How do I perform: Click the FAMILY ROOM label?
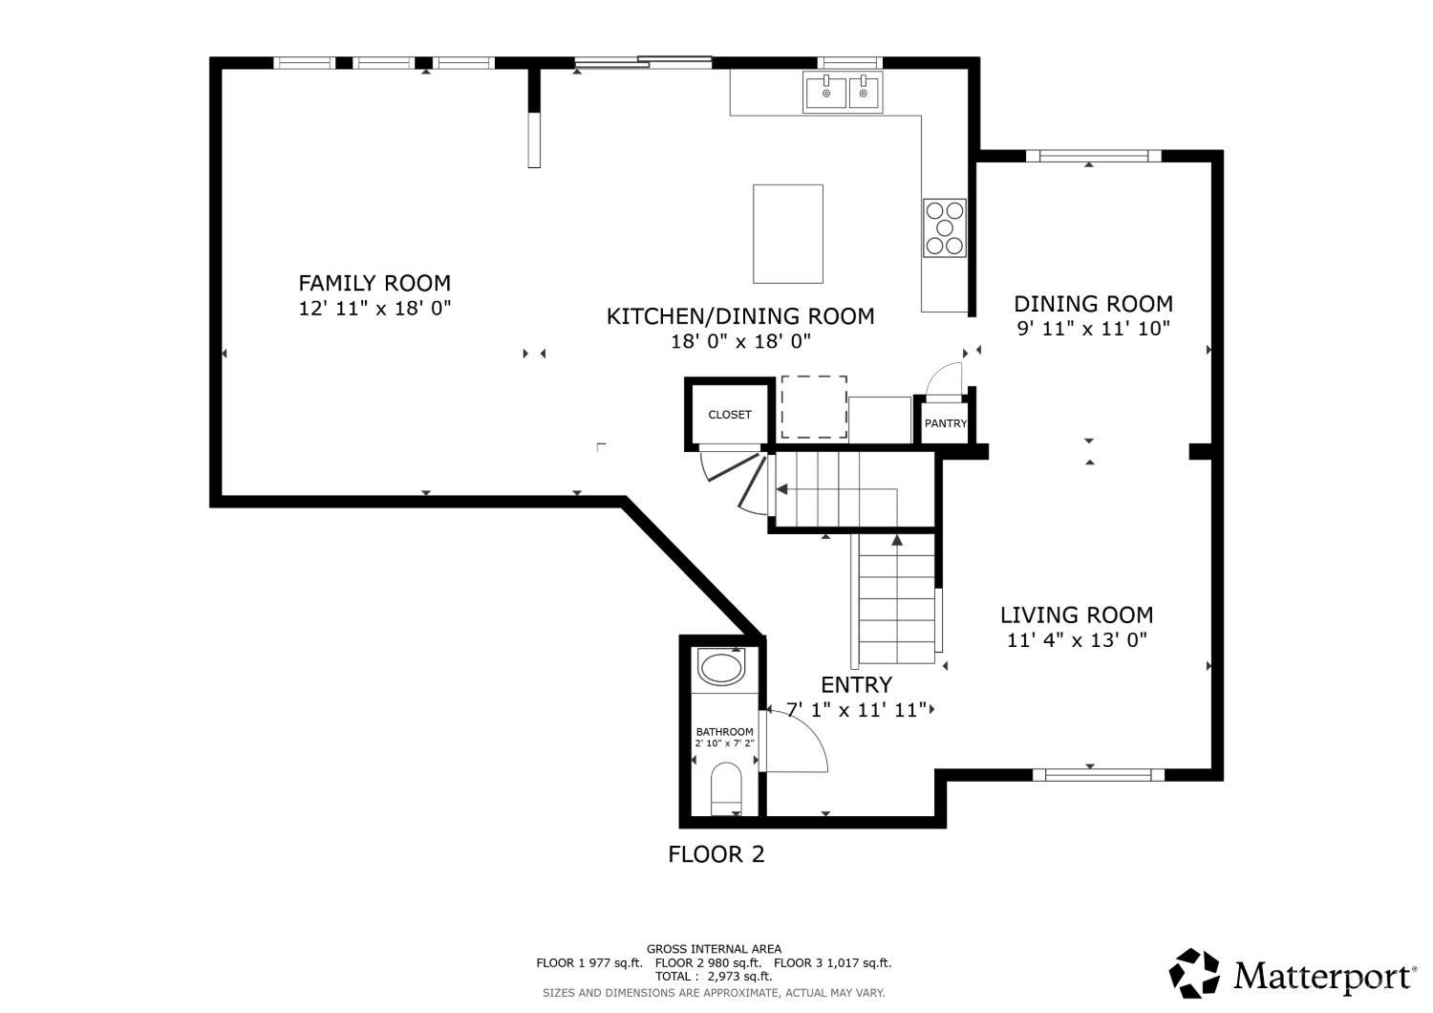(x=374, y=283)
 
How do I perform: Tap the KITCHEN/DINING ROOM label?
(x=740, y=316)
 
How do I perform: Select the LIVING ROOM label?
(x=1077, y=614)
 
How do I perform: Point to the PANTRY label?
(x=946, y=423)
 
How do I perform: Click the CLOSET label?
(x=729, y=415)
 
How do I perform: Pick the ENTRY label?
(x=857, y=685)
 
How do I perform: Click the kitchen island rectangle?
(x=787, y=233)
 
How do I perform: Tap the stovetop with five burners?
(x=944, y=227)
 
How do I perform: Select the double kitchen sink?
(x=843, y=92)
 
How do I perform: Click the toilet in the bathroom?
(x=726, y=788)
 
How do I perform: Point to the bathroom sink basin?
(x=721, y=667)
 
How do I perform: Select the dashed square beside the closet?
(x=814, y=407)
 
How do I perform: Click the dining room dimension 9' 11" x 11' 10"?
(x=1093, y=329)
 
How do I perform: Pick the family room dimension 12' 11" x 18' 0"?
(x=374, y=309)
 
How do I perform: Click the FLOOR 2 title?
(x=716, y=854)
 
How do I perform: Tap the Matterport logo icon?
(x=1194, y=973)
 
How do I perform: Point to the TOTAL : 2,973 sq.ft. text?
(x=714, y=977)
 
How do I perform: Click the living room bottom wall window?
(x=1099, y=775)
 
